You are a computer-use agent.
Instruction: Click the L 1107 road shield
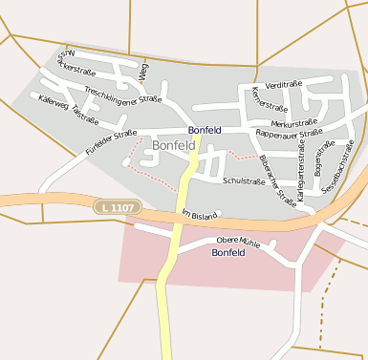click(119, 206)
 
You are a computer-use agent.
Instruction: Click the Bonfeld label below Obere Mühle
click(228, 253)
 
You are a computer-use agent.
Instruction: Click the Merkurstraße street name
click(293, 123)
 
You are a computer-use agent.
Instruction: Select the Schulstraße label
click(243, 180)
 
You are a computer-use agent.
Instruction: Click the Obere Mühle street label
click(238, 240)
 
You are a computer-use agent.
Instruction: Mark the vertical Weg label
click(142, 68)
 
